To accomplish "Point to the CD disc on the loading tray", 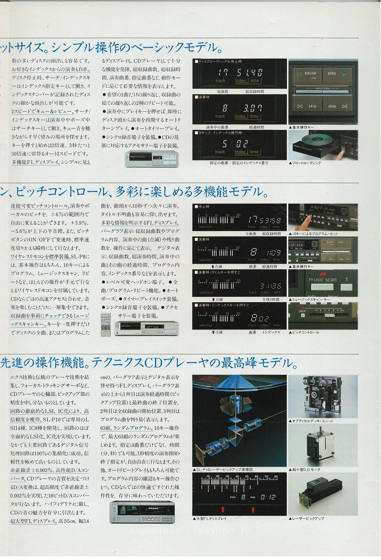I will (x=316, y=140).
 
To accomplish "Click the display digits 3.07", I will (x=253, y=108).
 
